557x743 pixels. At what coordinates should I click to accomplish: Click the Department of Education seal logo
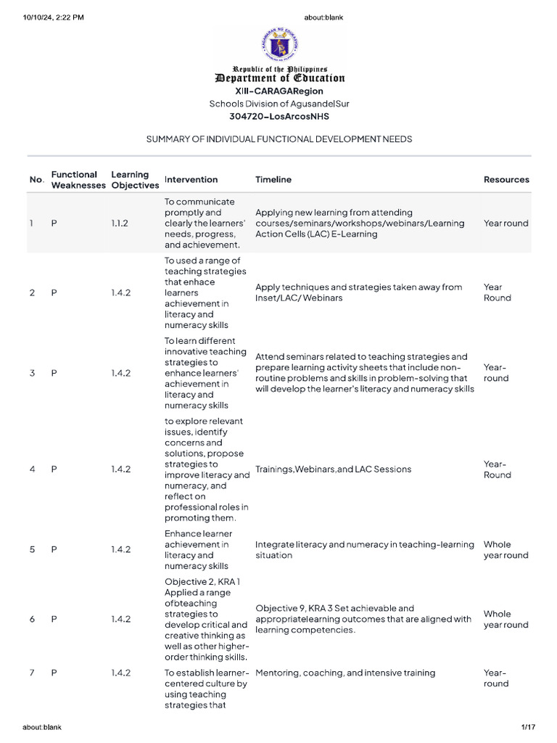pos(278,45)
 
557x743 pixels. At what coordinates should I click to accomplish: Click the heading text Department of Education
pos(279,78)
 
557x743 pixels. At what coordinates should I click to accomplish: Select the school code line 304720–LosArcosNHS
pos(278,116)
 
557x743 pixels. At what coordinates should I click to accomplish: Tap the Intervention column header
pos(191,179)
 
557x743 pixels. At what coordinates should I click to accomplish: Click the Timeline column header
pos(273,179)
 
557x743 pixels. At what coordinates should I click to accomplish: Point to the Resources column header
pos(506,179)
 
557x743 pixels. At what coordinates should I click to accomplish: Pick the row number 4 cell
pos(33,469)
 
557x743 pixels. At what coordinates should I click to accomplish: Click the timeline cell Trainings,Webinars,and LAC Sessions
pos(333,469)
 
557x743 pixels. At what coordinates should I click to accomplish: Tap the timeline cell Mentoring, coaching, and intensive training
pos(345,673)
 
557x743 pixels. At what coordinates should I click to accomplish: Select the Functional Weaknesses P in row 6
pos(54,619)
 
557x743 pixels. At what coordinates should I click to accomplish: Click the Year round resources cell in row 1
pos(506,223)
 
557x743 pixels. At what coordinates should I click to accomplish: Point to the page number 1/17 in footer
pos(527,726)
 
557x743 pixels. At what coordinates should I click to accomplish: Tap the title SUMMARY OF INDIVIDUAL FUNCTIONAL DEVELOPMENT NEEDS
pos(279,139)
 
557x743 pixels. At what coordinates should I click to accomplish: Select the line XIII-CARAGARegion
pos(278,91)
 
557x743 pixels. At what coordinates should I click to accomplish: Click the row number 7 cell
pos(33,673)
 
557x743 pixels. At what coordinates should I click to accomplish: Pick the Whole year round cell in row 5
pos(506,549)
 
